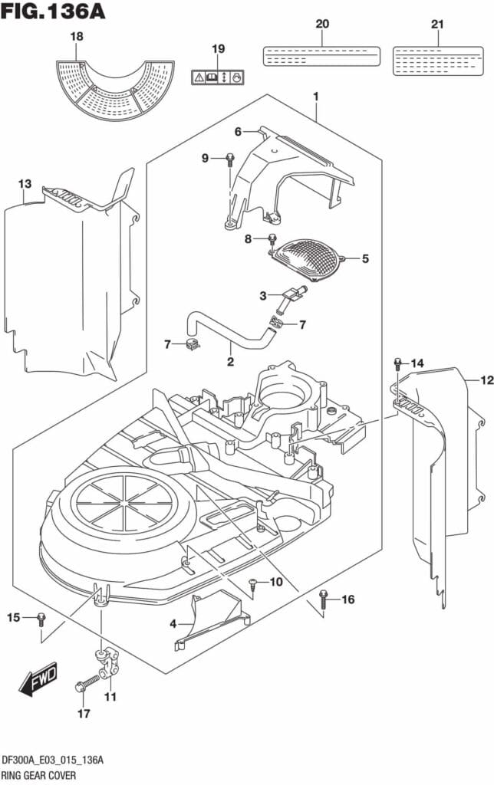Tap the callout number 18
pos(77,37)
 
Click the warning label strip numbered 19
pos(218,77)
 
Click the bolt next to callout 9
pos(229,160)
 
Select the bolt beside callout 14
pos(397,363)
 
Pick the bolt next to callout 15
pos(41,619)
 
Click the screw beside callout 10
pos(253,584)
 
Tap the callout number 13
pos(25,184)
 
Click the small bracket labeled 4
pos(211,617)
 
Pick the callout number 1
pos(315,97)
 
